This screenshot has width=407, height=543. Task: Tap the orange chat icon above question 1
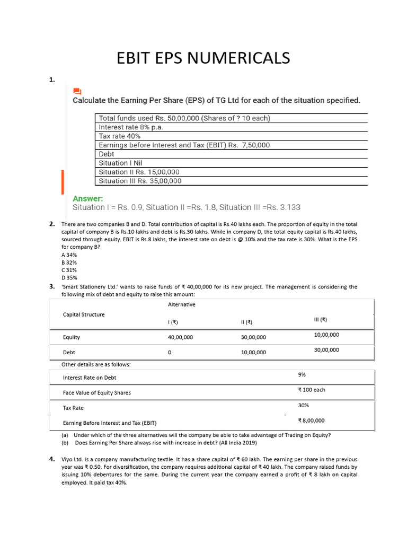point(77,91)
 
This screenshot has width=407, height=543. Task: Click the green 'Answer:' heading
point(88,198)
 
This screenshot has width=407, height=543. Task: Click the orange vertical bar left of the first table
point(63,181)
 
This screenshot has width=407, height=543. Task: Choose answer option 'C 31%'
point(69,270)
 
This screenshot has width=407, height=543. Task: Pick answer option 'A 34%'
point(69,255)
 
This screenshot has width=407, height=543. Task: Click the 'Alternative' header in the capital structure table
point(182,304)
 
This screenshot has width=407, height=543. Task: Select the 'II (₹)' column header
point(246,322)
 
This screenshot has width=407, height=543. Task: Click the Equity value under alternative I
point(180,337)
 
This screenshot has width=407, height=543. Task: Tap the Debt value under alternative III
point(326,350)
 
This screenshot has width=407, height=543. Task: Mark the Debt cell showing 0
point(170,353)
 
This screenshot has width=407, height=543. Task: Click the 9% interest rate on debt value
point(302,374)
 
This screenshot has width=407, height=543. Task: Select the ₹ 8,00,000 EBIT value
point(312,421)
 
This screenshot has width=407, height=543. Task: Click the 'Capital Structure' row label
point(84,314)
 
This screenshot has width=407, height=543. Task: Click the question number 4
point(52,459)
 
